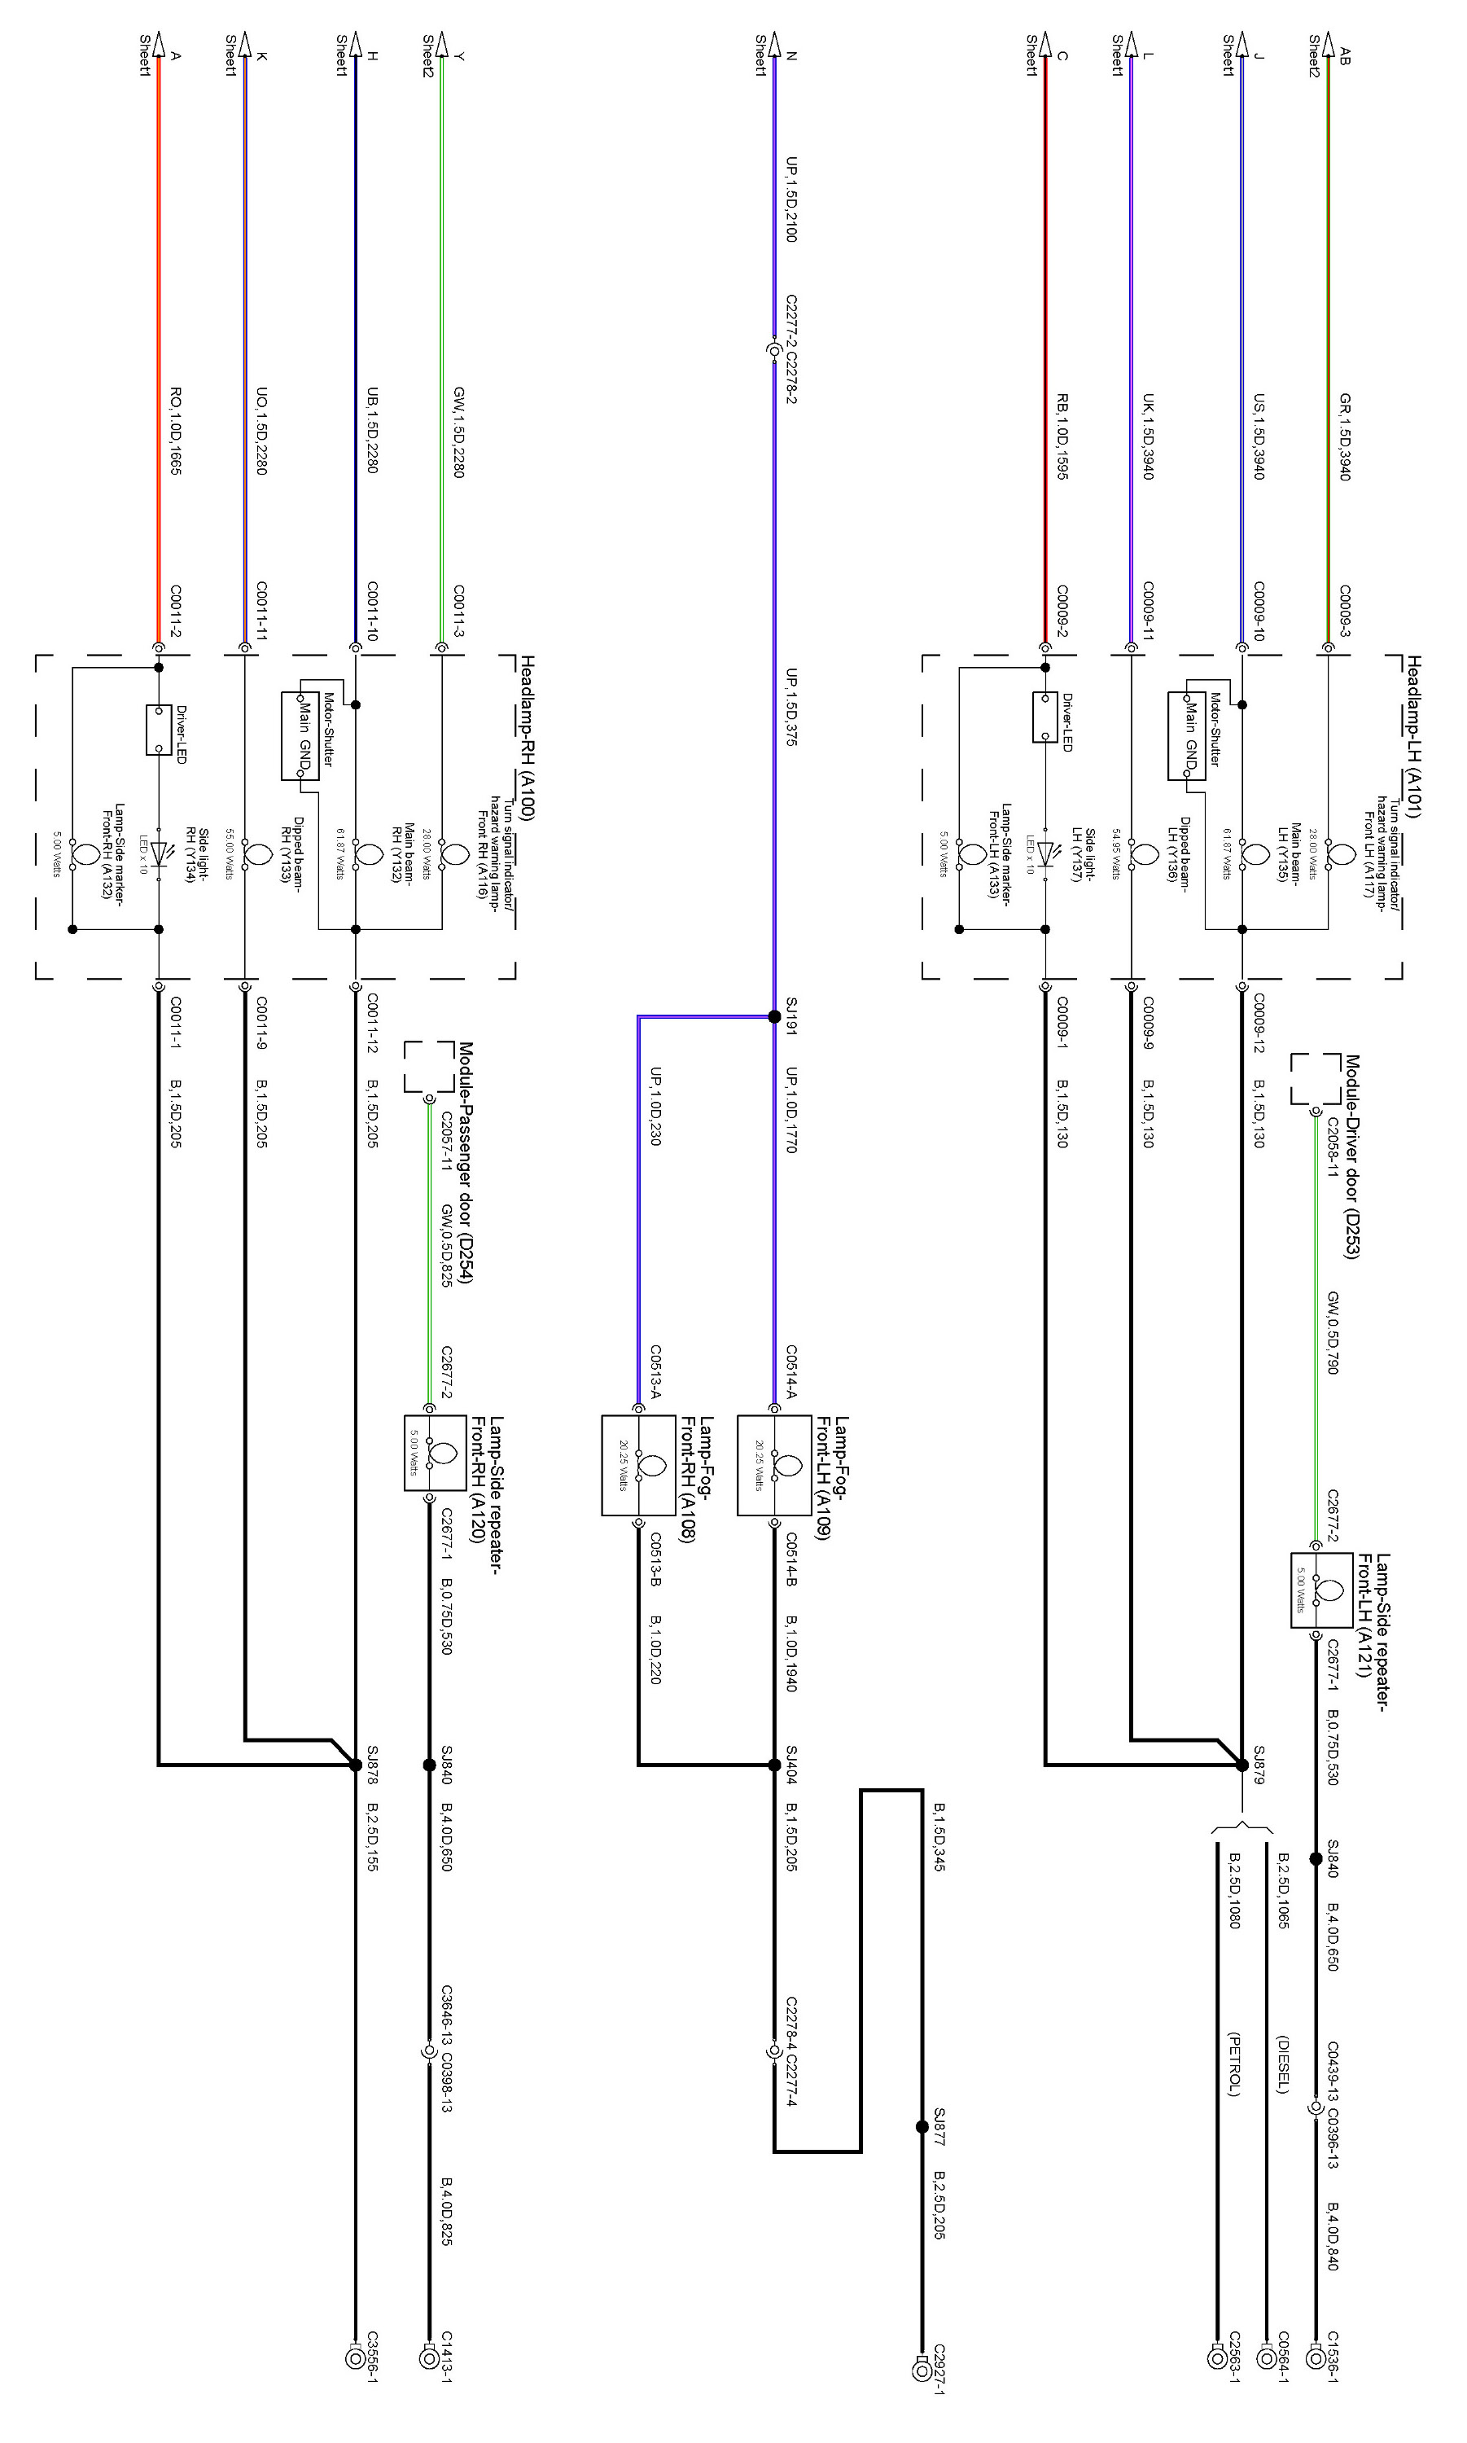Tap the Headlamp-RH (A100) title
(528, 736)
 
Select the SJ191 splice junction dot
(774, 1016)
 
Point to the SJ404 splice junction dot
(774, 1765)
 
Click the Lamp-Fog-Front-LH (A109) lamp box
(769, 1465)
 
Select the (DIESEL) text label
(1282, 2064)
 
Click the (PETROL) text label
(1233, 2064)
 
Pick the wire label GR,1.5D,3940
(1344, 436)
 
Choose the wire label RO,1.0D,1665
(175, 430)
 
